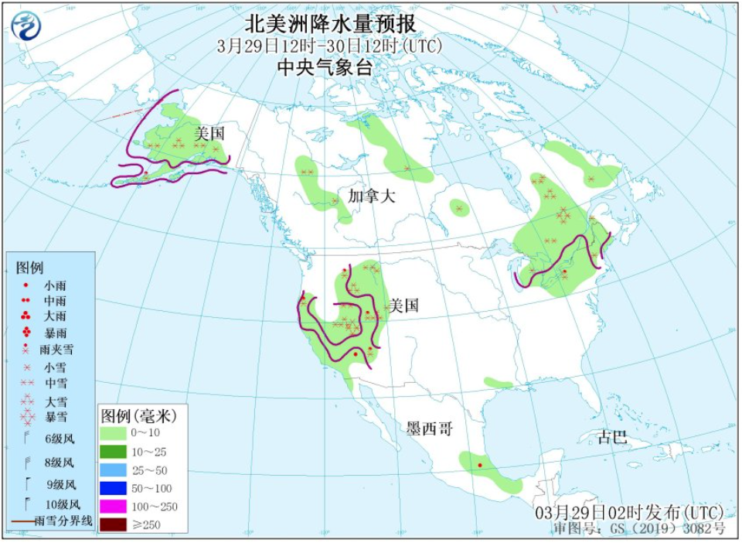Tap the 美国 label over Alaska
209,133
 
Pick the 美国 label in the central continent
404,306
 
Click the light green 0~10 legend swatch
117,433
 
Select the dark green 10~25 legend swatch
117,452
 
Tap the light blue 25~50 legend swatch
117,470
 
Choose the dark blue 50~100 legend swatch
117,489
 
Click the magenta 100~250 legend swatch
117,507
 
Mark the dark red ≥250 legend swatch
117,526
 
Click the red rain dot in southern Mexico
480,465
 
